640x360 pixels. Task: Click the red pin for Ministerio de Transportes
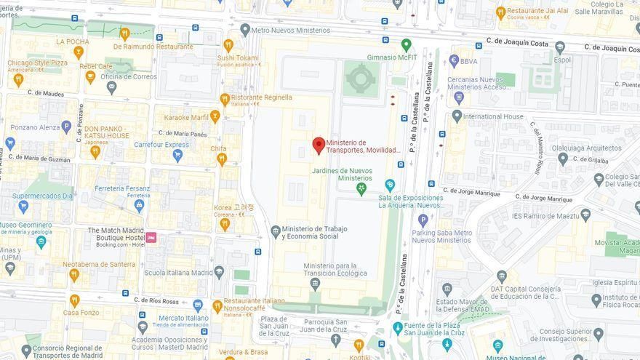319,145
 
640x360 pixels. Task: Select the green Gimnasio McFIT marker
407,44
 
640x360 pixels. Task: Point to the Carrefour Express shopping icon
177,156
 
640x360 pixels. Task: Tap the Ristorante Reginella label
261,97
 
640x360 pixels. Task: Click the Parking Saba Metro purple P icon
423,220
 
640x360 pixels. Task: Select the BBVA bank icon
455,61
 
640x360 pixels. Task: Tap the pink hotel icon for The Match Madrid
151,237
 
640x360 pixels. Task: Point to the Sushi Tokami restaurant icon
228,45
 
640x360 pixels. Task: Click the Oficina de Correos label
129,76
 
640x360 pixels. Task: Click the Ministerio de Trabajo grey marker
276,231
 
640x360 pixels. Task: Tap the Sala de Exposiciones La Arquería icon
390,185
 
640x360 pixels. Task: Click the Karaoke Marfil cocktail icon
215,116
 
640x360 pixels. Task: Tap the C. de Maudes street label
46,93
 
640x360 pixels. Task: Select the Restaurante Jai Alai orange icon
500,12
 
